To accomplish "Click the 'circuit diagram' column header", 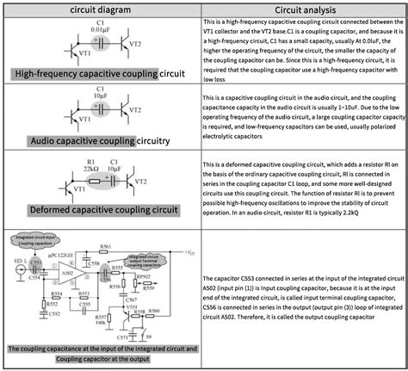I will (102, 9).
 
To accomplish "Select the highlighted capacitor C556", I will (106, 272).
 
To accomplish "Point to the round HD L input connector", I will (19, 269).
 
